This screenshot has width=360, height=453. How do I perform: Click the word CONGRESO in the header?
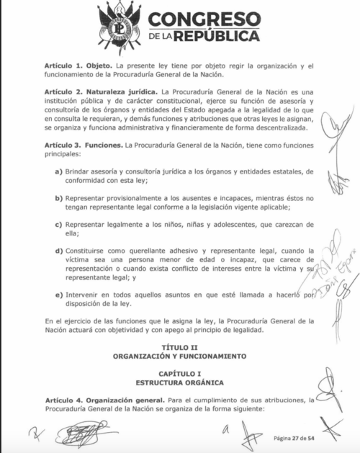(203, 18)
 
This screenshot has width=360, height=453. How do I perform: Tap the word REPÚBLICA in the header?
(214, 35)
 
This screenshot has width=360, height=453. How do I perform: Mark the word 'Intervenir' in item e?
(83, 294)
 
